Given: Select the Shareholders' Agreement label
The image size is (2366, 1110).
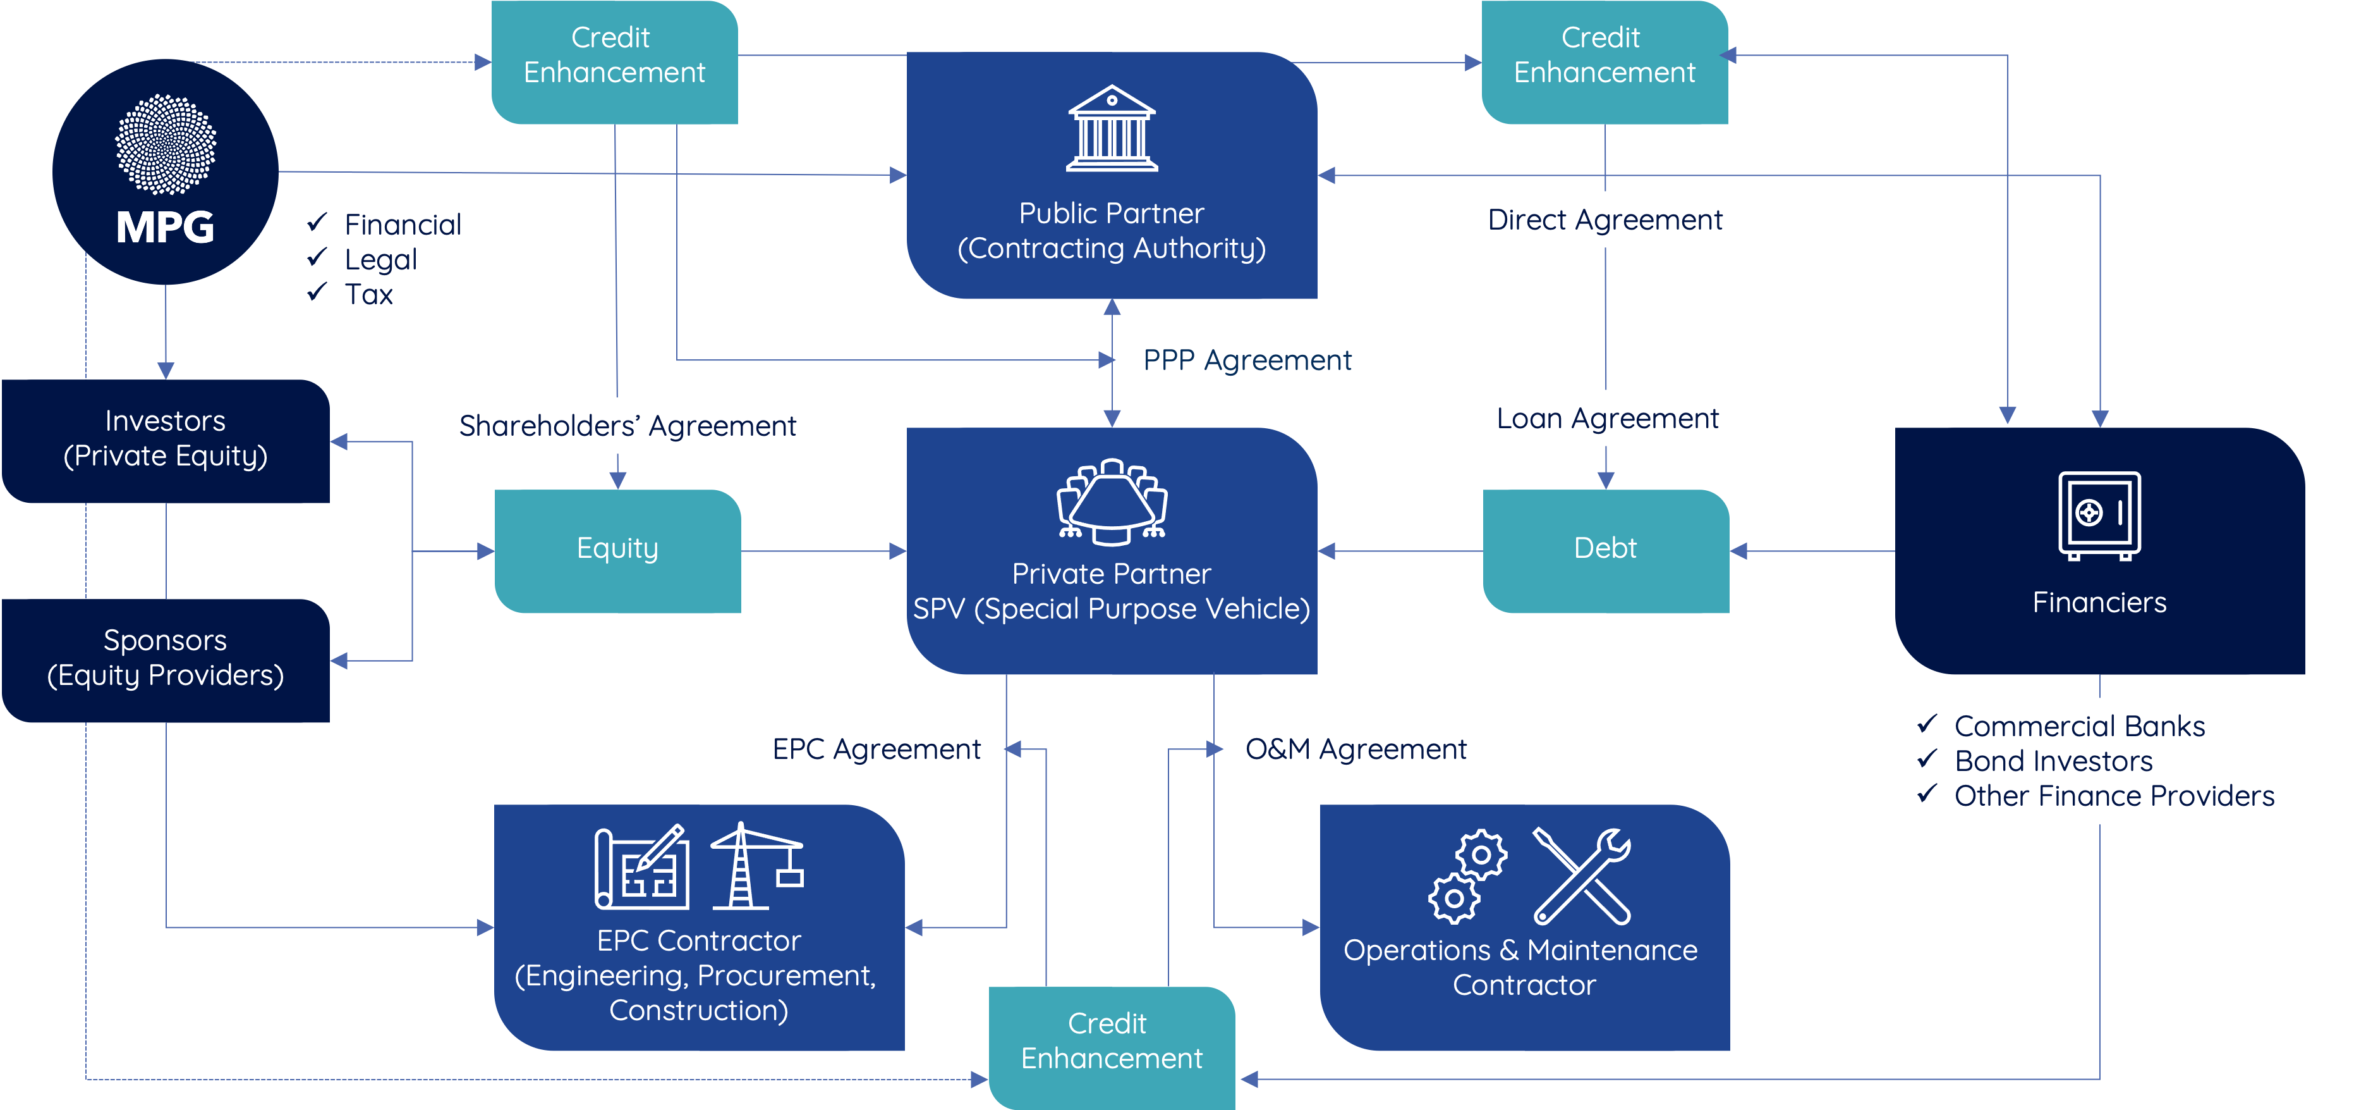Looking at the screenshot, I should click(x=628, y=426).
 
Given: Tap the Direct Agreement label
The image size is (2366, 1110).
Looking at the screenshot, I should click(x=1605, y=219).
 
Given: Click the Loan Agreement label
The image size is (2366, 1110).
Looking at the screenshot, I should click(x=1607, y=418).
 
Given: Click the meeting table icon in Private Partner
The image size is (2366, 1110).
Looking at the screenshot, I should click(x=1112, y=502).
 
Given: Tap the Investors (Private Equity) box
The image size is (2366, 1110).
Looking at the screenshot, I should click(x=166, y=439).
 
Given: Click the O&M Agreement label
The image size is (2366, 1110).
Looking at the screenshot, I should click(x=1356, y=749).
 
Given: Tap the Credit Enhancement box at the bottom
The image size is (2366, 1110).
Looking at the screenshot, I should click(x=1112, y=1042).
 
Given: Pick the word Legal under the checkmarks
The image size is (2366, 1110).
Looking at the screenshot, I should click(x=380, y=260).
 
